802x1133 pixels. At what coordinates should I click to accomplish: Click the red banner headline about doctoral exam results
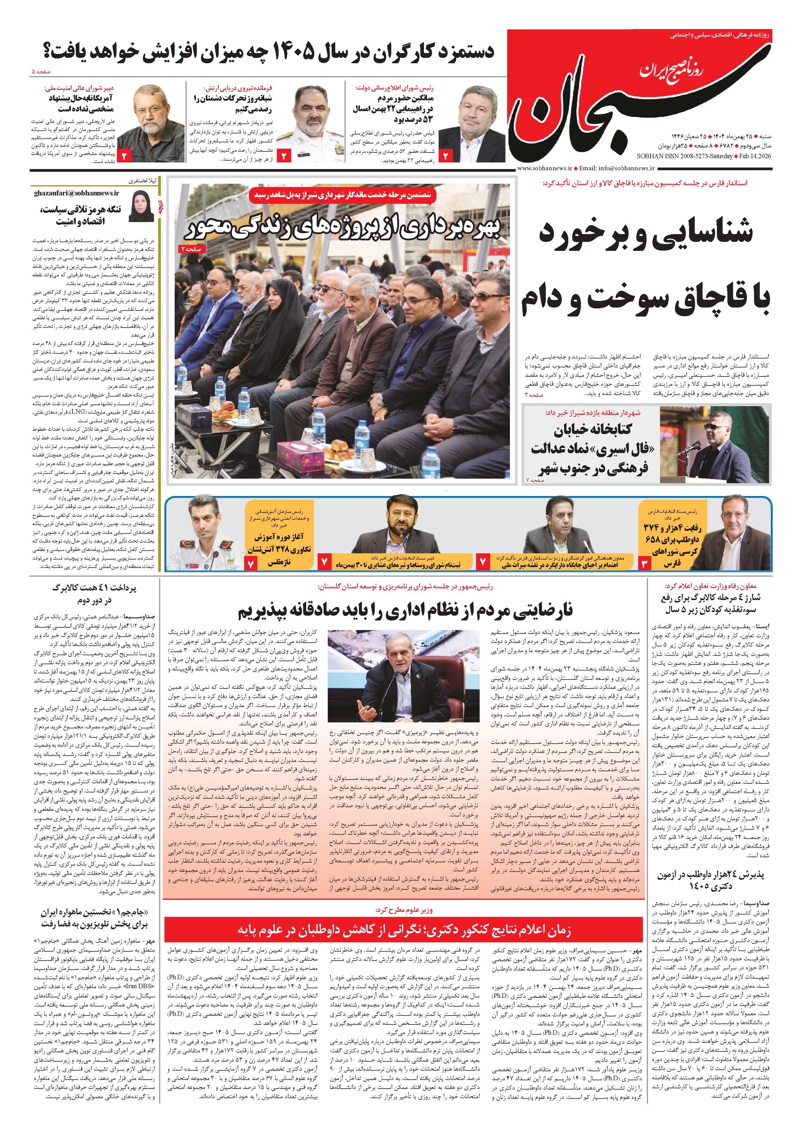pyautogui.click(x=404, y=930)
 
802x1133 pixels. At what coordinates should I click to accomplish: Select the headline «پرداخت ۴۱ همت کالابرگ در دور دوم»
pyautogui.click(x=94, y=593)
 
